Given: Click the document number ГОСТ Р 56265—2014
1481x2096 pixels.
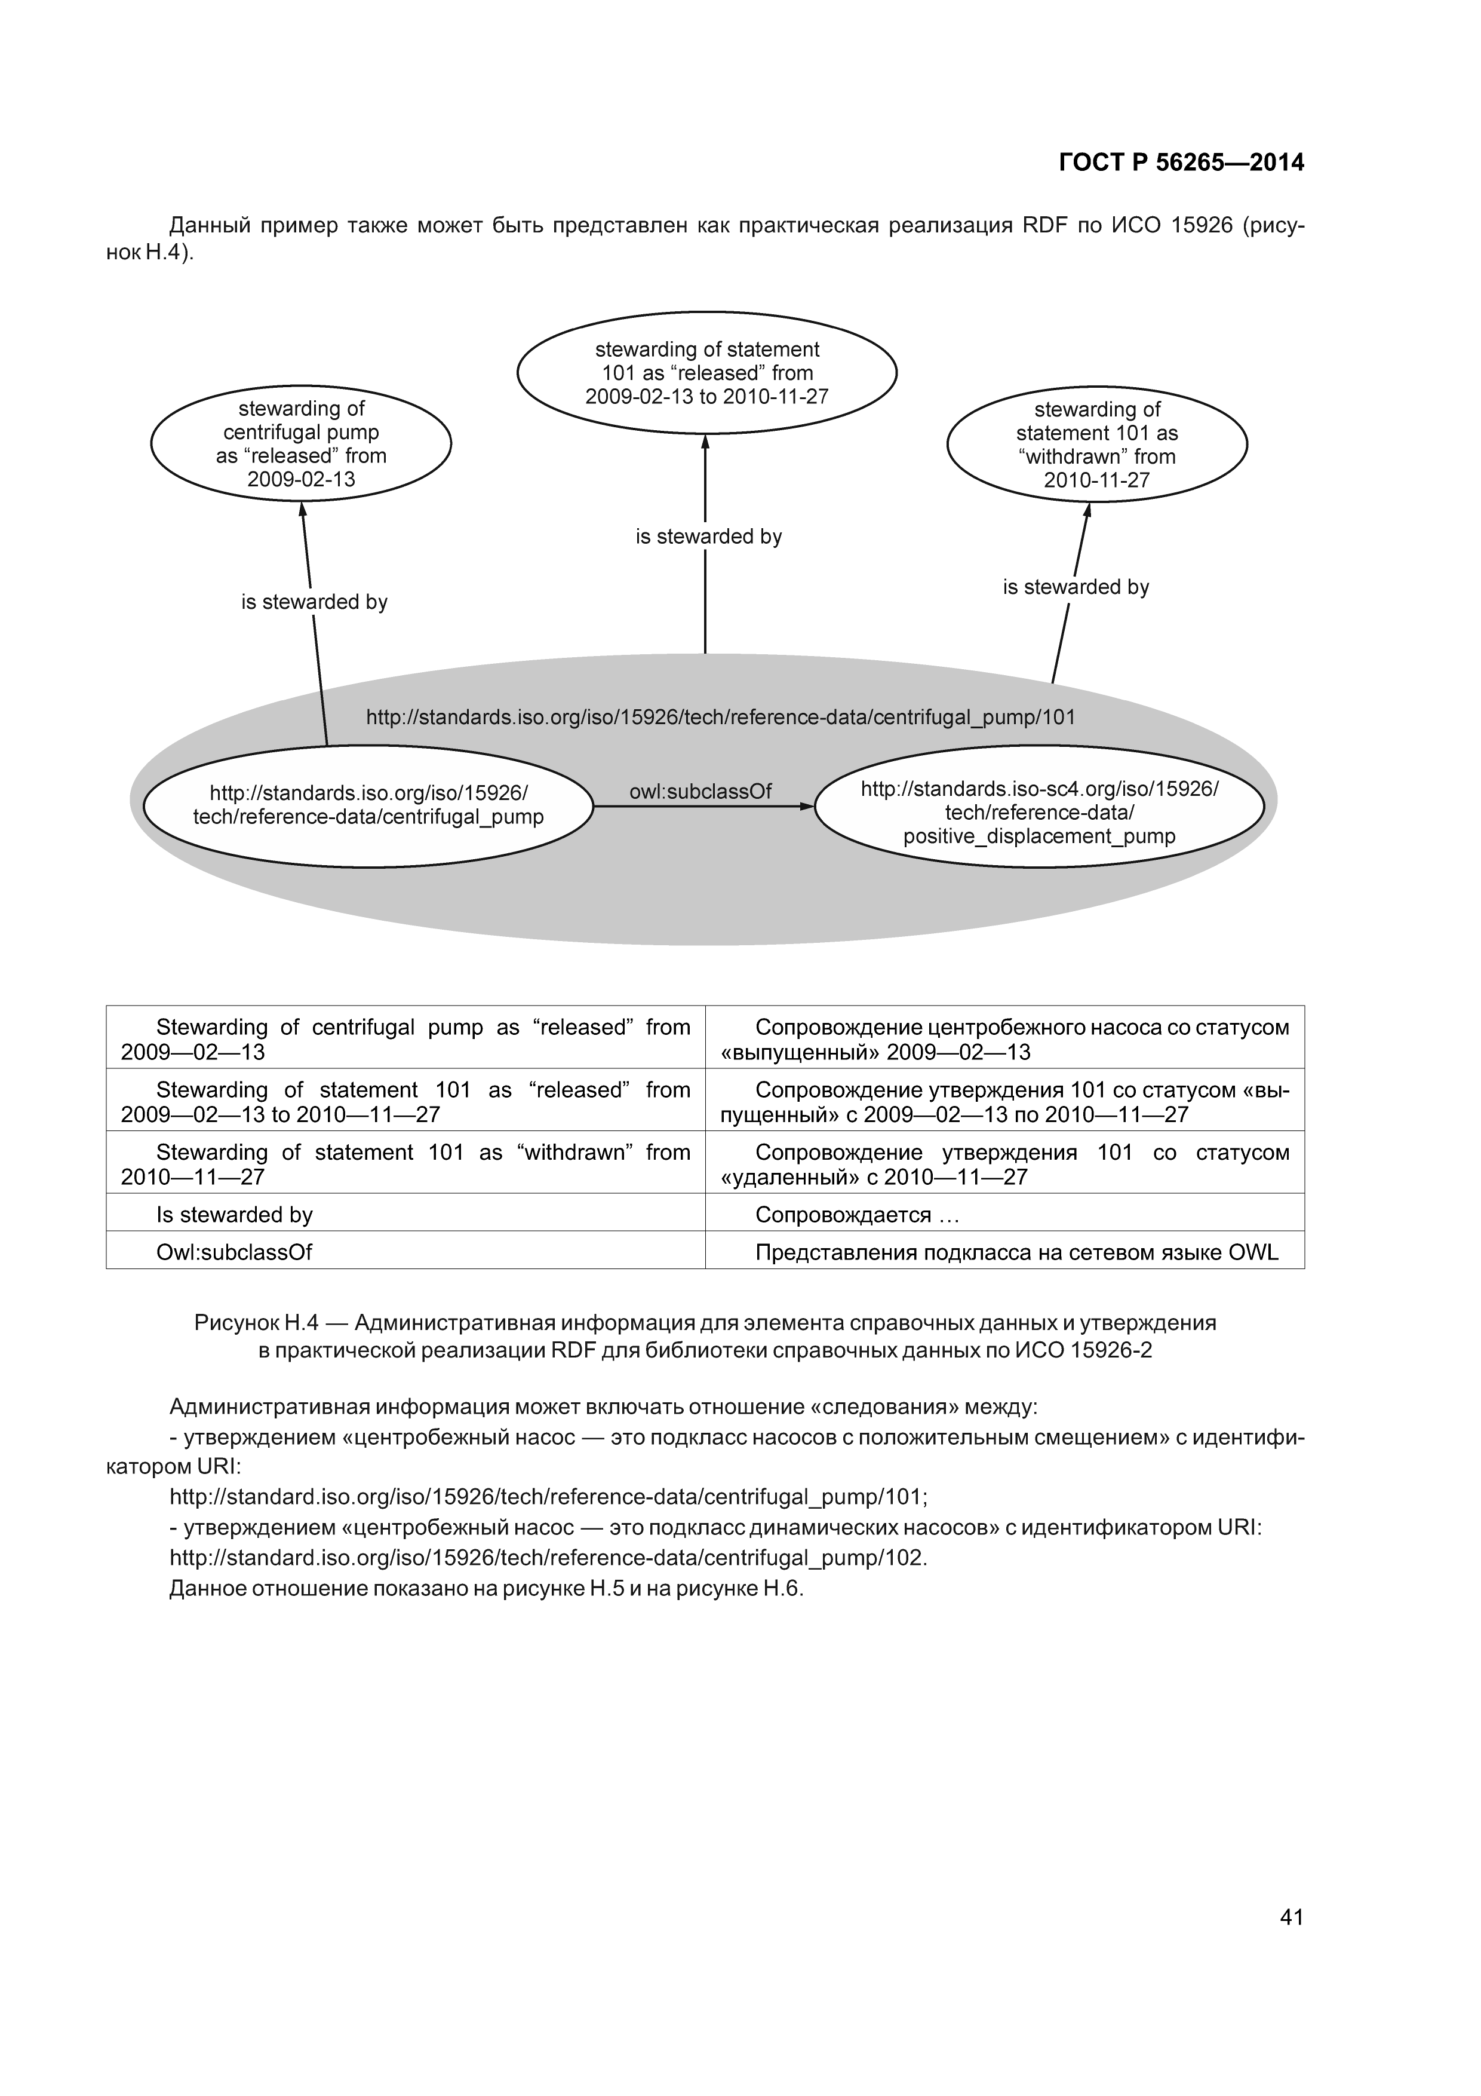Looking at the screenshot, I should (x=1181, y=163).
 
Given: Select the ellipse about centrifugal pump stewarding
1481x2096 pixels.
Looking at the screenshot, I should (x=301, y=445).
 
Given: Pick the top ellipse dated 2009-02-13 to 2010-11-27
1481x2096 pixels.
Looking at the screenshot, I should (x=706, y=372).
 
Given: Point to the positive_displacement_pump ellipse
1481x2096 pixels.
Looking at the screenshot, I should (x=1039, y=807).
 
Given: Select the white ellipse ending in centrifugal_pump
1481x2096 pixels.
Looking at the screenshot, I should (x=368, y=805).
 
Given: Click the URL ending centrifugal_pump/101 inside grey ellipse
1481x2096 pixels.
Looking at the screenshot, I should (x=720, y=718).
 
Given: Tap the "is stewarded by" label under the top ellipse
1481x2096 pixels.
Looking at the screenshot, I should (x=708, y=537).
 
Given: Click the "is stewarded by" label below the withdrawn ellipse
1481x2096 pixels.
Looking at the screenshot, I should (x=1076, y=587).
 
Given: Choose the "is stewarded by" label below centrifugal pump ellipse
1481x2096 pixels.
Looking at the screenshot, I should (x=314, y=602).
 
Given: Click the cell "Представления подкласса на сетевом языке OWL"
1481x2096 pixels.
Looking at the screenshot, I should (x=1016, y=1252).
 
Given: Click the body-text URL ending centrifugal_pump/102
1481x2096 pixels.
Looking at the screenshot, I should (x=548, y=1558).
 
